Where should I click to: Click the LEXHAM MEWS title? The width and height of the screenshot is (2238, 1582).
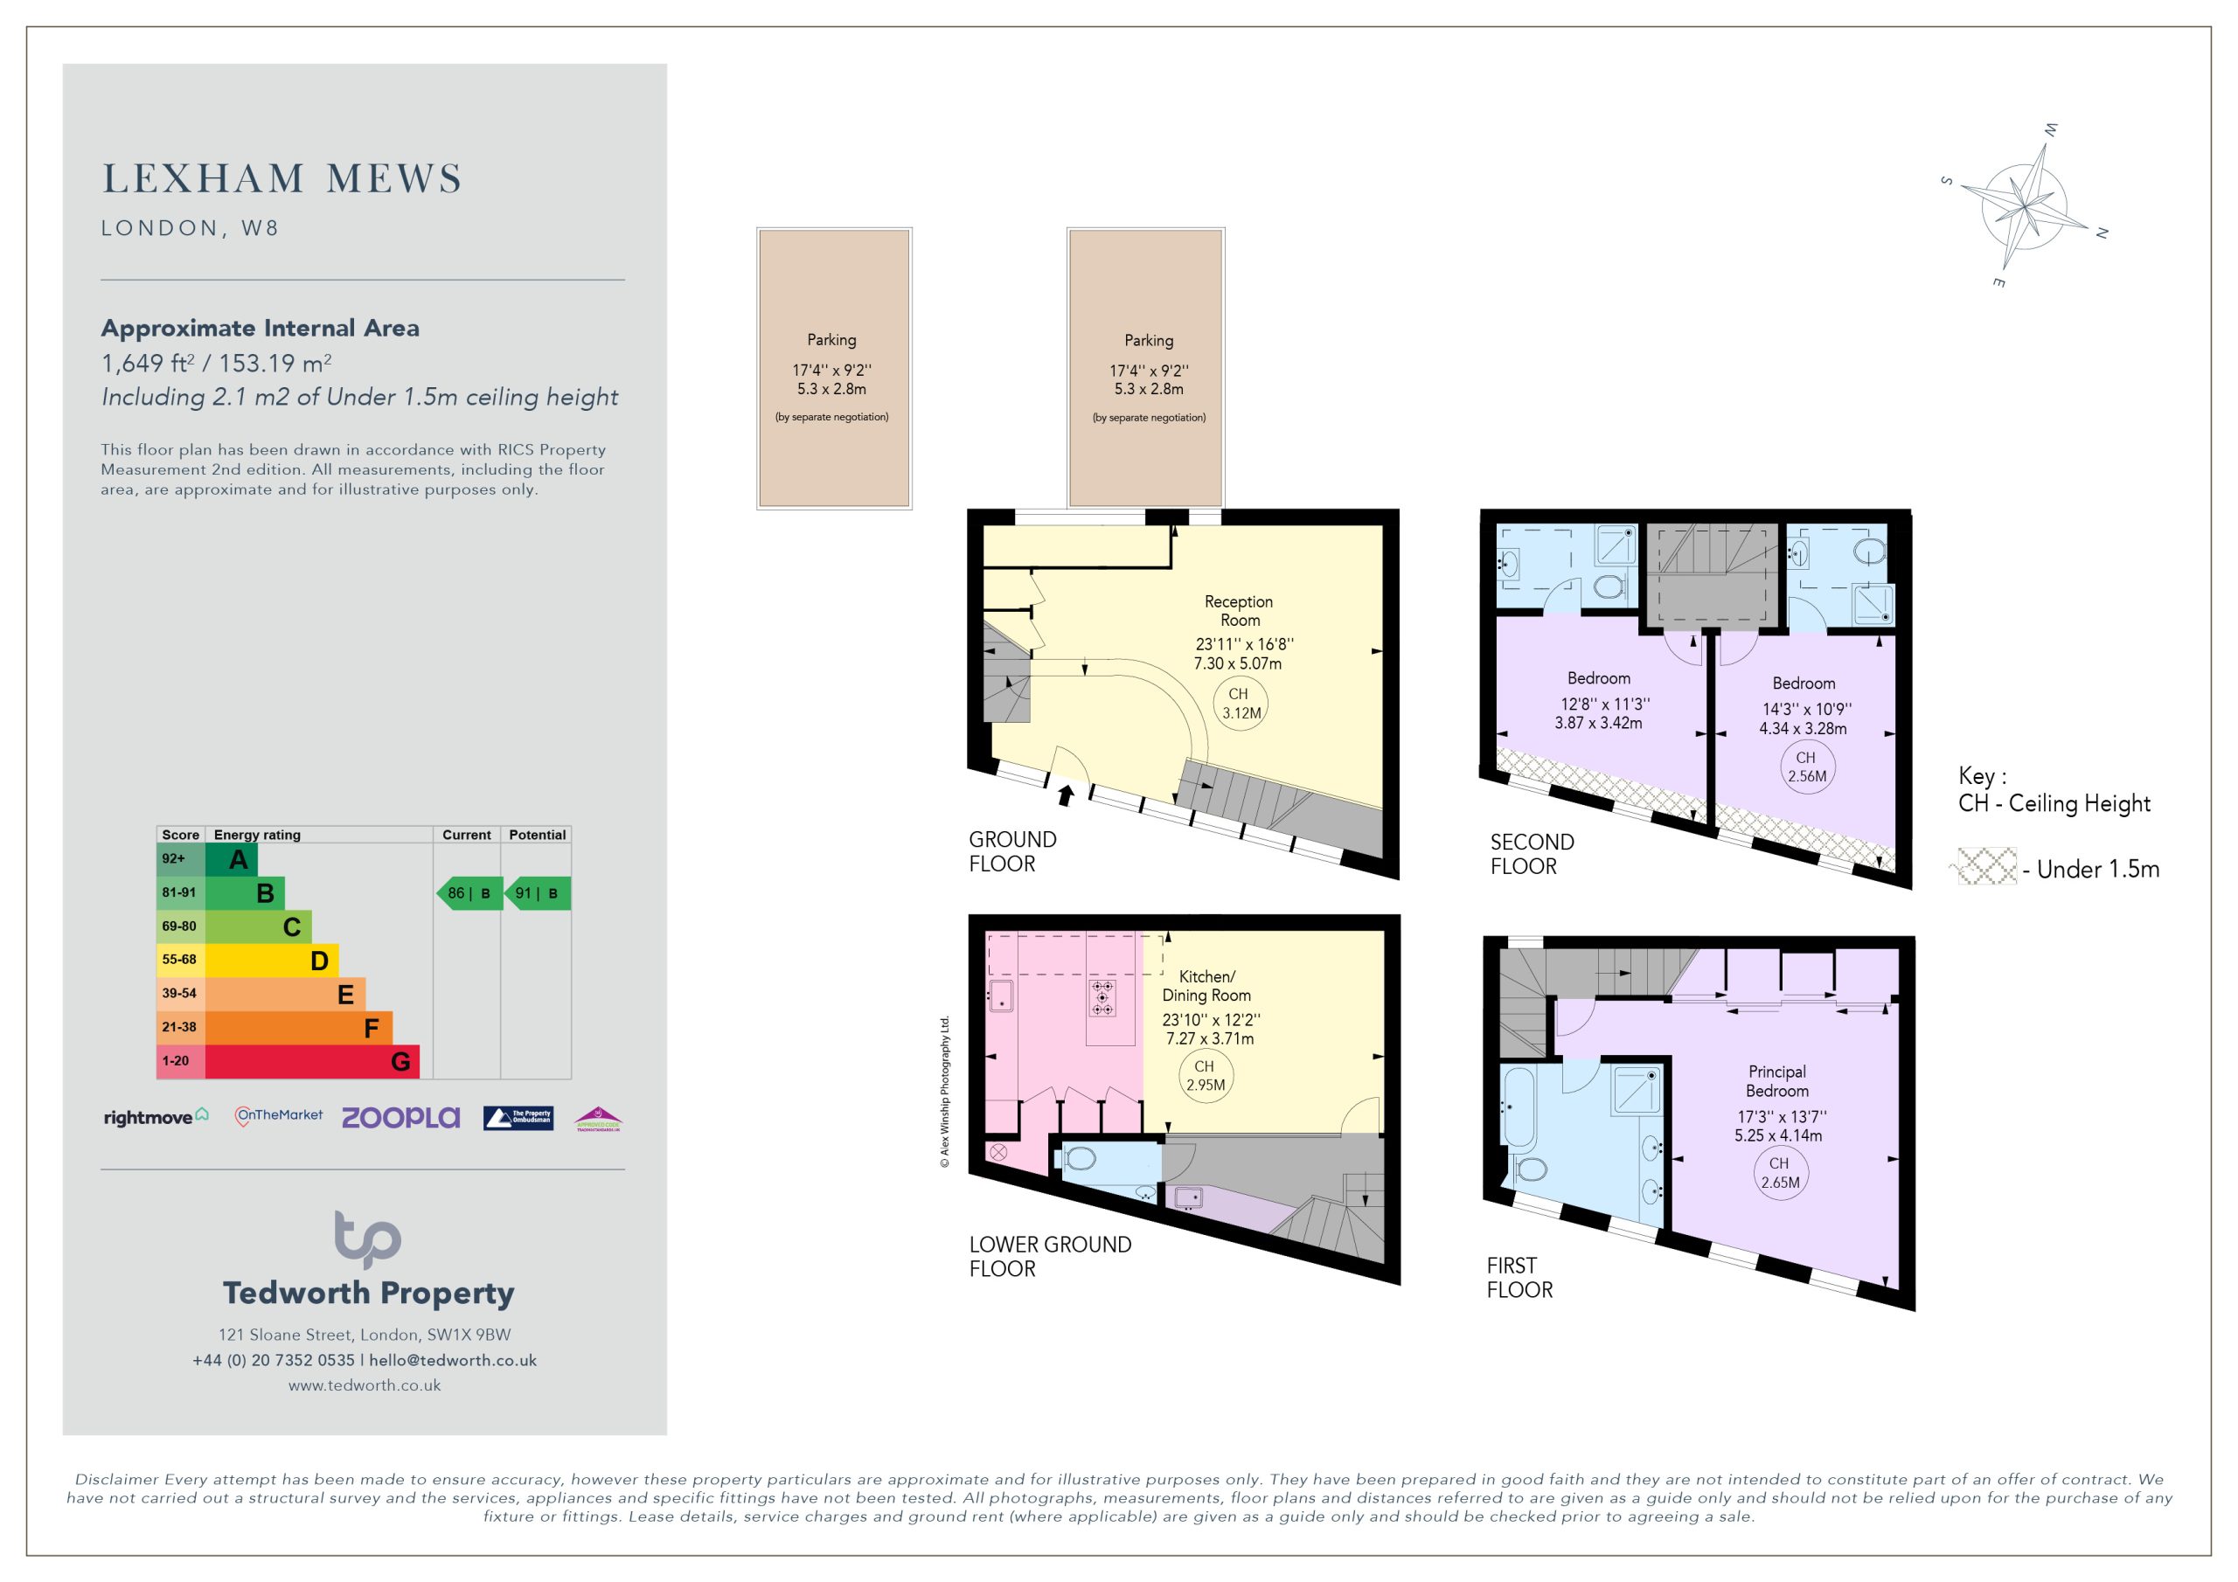(281, 179)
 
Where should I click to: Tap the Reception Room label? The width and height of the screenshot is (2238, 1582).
(1239, 611)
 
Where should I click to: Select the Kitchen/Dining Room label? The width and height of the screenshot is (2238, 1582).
(1206, 985)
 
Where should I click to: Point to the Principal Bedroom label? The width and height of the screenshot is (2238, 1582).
(1777, 1081)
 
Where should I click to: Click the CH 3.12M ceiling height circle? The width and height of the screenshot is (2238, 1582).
(1241, 704)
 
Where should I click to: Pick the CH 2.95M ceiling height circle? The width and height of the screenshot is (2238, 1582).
(1206, 1076)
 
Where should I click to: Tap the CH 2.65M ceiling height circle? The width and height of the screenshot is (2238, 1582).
(1780, 1173)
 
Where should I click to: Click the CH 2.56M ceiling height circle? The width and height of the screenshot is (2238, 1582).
(1807, 767)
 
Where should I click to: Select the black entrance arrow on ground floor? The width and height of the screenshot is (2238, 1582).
(1066, 795)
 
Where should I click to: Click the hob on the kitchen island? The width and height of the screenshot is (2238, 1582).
(1102, 998)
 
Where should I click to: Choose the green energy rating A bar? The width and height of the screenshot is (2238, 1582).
(232, 859)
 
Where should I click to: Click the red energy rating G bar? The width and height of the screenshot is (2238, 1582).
(312, 1061)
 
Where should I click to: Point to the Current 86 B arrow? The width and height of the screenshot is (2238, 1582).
(469, 893)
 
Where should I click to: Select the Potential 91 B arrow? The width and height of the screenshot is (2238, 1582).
(537, 893)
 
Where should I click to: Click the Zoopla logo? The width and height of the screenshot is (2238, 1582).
(400, 1117)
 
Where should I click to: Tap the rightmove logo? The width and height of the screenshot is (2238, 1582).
(156, 1117)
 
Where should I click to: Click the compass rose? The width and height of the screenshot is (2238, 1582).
(2025, 206)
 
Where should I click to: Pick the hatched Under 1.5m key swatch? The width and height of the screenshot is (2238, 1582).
(1987, 866)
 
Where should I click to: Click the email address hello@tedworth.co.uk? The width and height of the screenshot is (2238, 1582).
(453, 1360)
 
